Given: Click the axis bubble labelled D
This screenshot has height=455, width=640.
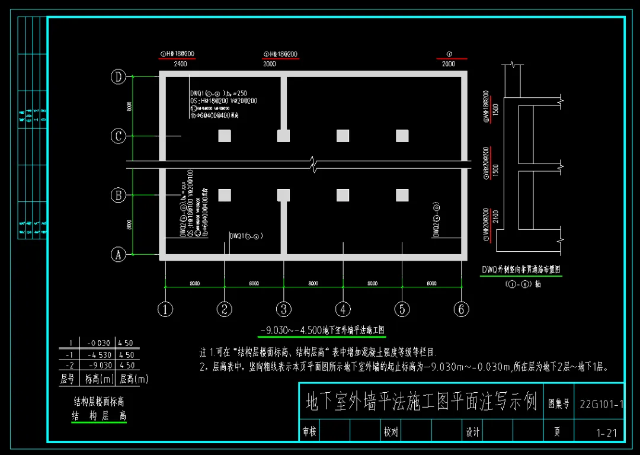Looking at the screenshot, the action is [119, 76].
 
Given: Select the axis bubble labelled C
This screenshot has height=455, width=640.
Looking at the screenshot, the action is [119, 136].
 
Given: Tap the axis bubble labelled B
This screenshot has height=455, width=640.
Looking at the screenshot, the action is [119, 195].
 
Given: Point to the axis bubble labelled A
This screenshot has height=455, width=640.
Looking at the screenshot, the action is [119, 255].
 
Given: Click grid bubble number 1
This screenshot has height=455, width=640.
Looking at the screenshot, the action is [165, 309].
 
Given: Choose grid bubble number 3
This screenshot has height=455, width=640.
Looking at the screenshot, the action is [284, 309].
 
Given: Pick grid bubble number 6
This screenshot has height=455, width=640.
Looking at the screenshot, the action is [462, 309].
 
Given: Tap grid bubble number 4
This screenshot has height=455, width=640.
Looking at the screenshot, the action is [343, 309].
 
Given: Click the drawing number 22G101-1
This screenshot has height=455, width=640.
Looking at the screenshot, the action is [601, 404].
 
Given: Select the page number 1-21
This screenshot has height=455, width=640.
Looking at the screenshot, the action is [606, 433].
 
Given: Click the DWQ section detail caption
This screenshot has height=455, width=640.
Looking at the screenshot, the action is [521, 270].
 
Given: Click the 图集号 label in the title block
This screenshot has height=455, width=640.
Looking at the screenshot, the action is [558, 404].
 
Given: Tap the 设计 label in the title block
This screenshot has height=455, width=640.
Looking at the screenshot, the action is [472, 433].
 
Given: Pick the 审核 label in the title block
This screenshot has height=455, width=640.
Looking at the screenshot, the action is [309, 433].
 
